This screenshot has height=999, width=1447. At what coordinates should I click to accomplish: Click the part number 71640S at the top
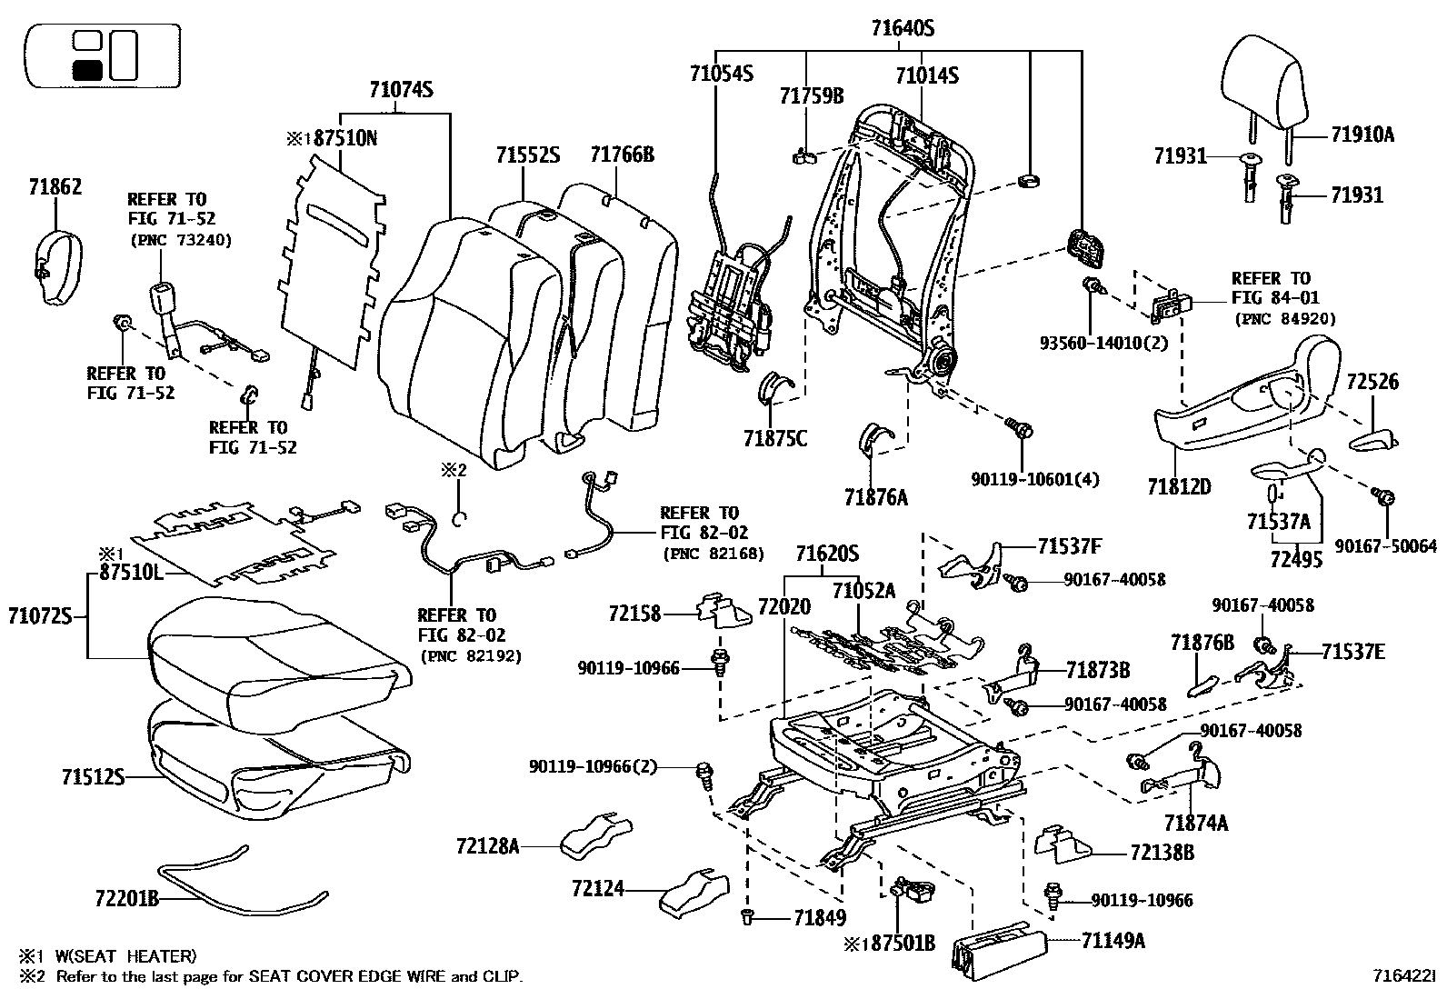(903, 28)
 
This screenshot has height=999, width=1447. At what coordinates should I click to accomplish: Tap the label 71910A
(1362, 135)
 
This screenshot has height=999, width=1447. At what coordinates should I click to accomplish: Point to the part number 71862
(55, 186)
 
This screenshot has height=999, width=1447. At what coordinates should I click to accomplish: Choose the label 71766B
(622, 155)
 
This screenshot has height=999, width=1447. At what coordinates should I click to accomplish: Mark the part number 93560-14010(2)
(1104, 343)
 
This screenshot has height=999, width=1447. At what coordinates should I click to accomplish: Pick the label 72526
(1372, 382)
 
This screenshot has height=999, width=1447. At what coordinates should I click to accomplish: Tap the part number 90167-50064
(1386, 546)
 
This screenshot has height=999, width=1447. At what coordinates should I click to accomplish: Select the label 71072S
(40, 616)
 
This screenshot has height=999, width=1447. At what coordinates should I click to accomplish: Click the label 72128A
(488, 846)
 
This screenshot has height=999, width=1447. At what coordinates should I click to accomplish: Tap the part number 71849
(820, 917)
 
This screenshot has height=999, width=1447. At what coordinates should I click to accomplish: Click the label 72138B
(1163, 853)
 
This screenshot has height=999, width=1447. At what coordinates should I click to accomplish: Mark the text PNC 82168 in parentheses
(714, 554)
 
